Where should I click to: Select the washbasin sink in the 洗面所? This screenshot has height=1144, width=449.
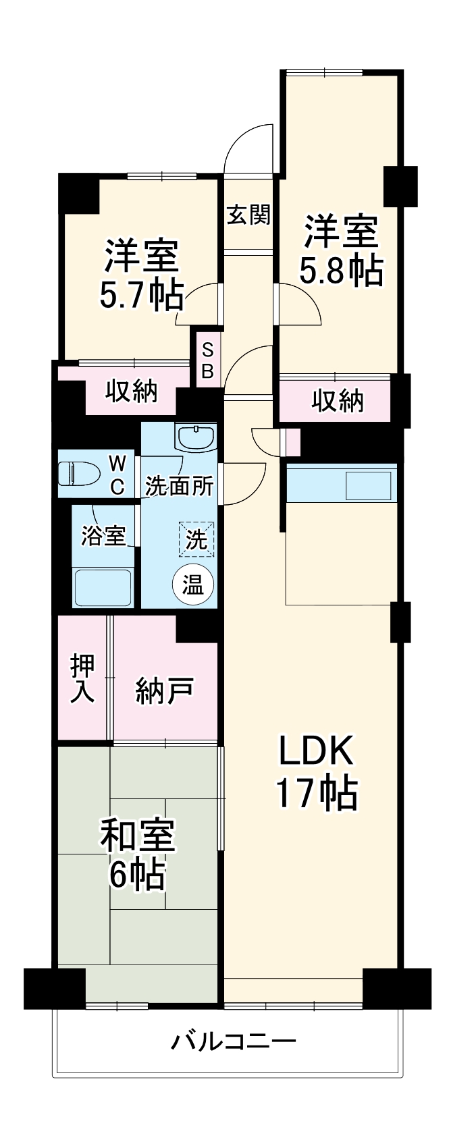(x=195, y=437)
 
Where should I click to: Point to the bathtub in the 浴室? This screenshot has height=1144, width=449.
(x=103, y=587)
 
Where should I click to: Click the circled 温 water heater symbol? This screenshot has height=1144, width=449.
(x=193, y=585)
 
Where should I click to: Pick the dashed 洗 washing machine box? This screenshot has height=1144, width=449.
(x=196, y=539)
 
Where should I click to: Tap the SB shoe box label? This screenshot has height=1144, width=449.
(x=207, y=360)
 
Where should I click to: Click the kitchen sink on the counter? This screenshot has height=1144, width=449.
(x=368, y=485)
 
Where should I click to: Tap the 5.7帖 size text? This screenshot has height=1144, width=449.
(x=141, y=295)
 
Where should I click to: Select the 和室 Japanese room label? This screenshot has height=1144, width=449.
(x=138, y=836)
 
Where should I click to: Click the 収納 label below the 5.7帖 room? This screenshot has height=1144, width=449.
(x=132, y=391)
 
